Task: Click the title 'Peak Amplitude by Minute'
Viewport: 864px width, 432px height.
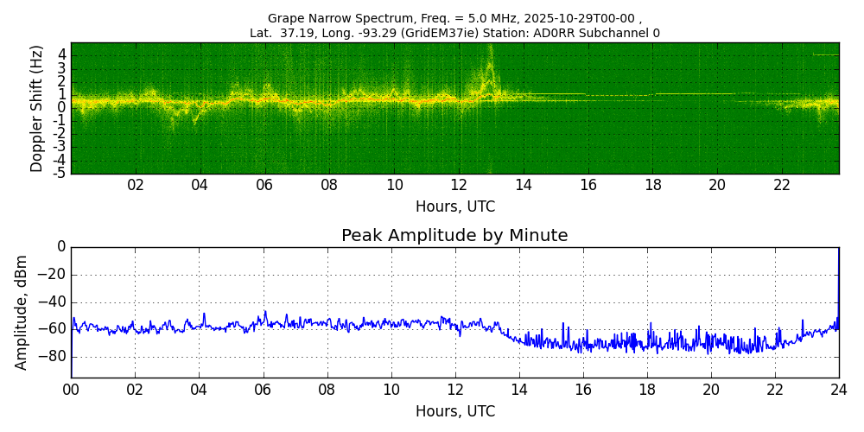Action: [454, 236]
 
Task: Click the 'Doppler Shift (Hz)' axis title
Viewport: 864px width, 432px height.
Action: [37, 108]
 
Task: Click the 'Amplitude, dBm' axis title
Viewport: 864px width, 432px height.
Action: [22, 312]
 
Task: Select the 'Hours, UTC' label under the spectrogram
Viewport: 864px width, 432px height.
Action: [454, 207]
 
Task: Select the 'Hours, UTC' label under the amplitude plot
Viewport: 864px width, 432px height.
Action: [454, 411]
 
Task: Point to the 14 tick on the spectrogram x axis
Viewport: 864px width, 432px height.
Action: [524, 186]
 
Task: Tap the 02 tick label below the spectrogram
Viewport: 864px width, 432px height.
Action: [136, 186]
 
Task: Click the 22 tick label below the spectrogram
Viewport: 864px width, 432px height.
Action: [782, 186]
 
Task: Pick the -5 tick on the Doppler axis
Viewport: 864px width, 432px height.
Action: [60, 173]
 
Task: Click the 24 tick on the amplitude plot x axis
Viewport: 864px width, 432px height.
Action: [839, 390]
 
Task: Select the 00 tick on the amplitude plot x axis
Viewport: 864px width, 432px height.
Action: [71, 390]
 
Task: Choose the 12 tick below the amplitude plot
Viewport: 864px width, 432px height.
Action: [455, 390]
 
